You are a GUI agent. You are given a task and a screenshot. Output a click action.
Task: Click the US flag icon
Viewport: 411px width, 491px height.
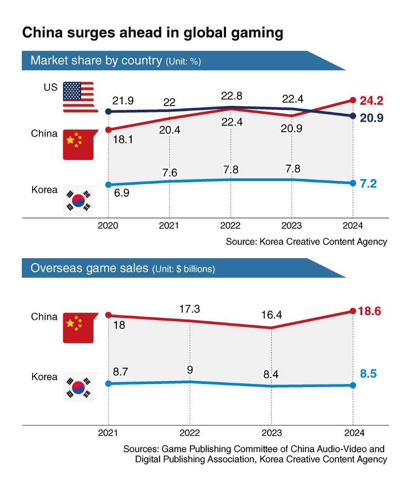pyautogui.click(x=79, y=97)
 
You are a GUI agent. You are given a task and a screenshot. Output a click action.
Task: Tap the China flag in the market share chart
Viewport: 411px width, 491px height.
pyautogui.click(x=79, y=145)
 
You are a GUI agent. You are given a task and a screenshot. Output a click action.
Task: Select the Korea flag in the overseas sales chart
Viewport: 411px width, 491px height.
pyautogui.click(x=79, y=387)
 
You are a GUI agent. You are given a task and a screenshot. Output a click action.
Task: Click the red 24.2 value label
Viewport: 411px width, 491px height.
pyautogui.click(x=372, y=101)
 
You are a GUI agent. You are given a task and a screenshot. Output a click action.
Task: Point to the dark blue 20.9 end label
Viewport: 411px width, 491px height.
pyautogui.click(x=372, y=118)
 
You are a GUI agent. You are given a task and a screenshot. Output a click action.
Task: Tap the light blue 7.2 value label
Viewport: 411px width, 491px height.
pyautogui.click(x=368, y=184)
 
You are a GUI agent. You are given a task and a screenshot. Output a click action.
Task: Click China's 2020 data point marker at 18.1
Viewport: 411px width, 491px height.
pyautogui.click(x=108, y=130)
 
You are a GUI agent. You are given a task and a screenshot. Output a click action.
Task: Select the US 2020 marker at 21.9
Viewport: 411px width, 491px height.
pyautogui.click(x=108, y=112)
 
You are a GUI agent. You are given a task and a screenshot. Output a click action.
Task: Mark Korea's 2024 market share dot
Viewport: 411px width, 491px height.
pyautogui.click(x=353, y=183)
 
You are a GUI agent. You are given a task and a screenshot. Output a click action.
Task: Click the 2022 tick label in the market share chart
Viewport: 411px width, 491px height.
pyautogui.click(x=230, y=226)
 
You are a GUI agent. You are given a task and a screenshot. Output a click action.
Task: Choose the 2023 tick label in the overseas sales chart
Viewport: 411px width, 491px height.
pyautogui.click(x=272, y=433)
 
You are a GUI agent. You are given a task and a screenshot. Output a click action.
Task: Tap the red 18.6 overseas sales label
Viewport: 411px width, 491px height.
pyautogui.click(x=370, y=311)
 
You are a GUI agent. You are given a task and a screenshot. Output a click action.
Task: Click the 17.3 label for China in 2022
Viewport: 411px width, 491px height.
pyautogui.click(x=190, y=309)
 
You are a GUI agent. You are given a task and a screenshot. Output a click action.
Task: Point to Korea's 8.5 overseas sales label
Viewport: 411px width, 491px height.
pyautogui.click(x=368, y=374)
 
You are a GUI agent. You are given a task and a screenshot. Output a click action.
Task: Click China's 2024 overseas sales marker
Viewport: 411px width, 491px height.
pyautogui.click(x=353, y=311)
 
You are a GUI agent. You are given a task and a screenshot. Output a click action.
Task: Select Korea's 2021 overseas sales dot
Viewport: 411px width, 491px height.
pyautogui.click(x=108, y=384)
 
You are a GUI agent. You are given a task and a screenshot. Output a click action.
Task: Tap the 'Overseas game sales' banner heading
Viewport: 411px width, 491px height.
pyautogui.click(x=89, y=268)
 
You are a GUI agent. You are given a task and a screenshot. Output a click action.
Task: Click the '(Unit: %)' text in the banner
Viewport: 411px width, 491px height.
pyautogui.click(x=183, y=61)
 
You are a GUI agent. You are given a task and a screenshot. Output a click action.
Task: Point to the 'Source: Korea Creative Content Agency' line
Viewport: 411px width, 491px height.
pyautogui.click(x=306, y=242)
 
